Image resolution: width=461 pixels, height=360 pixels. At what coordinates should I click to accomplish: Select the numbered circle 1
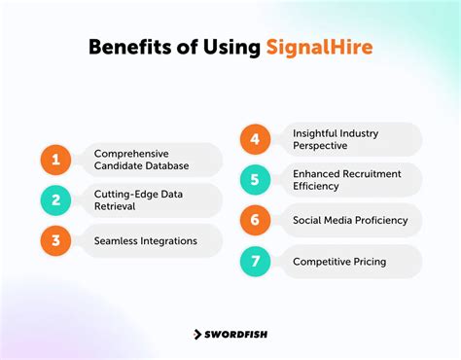(56, 160)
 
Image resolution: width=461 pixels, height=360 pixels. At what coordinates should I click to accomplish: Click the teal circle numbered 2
(56, 199)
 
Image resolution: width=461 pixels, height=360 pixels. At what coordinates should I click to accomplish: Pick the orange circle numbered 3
(56, 240)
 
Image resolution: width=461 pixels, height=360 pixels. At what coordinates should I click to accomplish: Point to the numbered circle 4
(256, 138)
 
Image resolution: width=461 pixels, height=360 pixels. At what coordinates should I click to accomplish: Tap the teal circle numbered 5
(256, 179)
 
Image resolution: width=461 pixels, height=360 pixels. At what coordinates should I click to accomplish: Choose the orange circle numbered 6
(256, 220)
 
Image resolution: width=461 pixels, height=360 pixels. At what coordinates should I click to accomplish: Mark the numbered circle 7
(256, 261)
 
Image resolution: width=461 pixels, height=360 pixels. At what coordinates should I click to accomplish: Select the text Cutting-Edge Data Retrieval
(137, 199)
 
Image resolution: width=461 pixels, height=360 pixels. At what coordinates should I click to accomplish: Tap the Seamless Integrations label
(145, 240)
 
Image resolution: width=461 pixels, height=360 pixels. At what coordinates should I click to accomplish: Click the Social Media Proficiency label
(350, 220)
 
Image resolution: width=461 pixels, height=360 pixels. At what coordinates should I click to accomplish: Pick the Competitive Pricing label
(338, 261)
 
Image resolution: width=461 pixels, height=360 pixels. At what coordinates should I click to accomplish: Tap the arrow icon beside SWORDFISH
(196, 334)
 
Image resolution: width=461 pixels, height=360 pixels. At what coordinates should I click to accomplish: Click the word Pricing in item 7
(368, 261)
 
